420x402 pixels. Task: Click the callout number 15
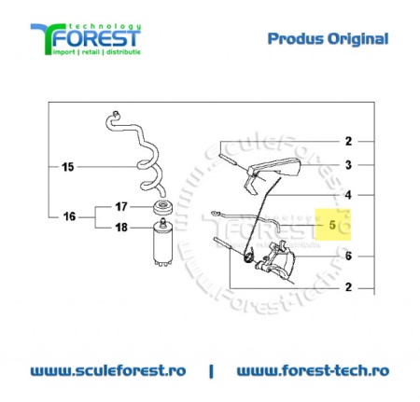point(68,167)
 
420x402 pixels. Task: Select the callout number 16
point(69,216)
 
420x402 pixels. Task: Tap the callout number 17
point(121,206)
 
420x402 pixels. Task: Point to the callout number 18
point(121,228)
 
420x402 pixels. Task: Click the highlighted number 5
point(332,225)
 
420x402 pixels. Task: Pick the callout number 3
point(348,165)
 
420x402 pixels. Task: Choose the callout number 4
point(348,195)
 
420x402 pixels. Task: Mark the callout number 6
point(348,256)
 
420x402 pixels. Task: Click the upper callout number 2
point(348,142)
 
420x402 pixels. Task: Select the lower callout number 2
point(348,287)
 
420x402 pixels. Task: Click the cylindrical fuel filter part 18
point(162,243)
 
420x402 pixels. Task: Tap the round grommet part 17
point(163,208)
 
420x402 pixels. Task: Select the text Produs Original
point(328,39)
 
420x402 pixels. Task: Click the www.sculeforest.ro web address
point(108,370)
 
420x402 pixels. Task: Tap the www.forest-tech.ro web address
point(313,370)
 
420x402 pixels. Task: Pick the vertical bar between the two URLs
point(212,371)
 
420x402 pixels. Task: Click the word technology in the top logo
point(105,26)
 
